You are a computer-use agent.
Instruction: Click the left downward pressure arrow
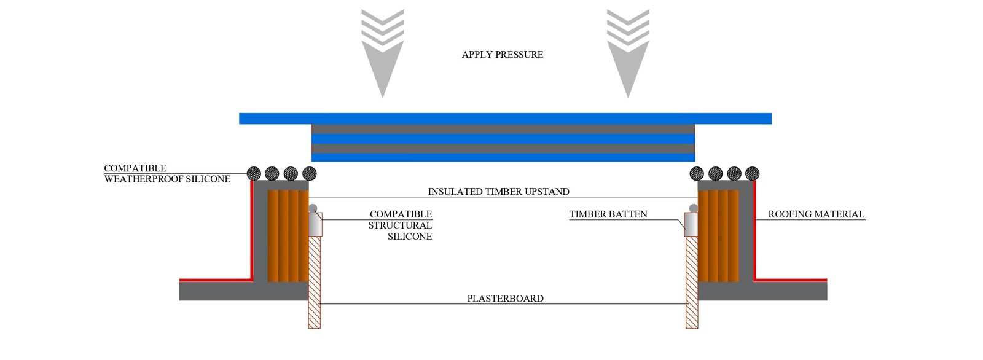click(x=383, y=53)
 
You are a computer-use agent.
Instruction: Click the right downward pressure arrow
click(x=628, y=53)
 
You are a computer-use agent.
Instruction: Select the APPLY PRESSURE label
click(x=503, y=55)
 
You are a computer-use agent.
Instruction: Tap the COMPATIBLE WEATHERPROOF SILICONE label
click(x=167, y=173)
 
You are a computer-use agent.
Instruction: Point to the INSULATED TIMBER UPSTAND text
click(x=498, y=192)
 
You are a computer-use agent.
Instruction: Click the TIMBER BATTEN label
click(x=608, y=214)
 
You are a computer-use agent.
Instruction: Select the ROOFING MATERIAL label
click(x=817, y=214)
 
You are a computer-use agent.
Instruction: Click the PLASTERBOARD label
click(x=505, y=299)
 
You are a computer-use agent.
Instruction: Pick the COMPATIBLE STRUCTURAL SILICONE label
click(x=400, y=225)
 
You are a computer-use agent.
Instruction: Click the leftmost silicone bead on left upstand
click(x=254, y=173)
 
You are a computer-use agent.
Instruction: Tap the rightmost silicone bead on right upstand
click(x=752, y=173)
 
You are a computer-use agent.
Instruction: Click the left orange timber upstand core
click(x=288, y=236)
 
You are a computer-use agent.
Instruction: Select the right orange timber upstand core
click(x=718, y=236)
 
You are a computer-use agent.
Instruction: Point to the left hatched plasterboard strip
click(x=314, y=283)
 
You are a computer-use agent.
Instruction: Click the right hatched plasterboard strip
click(x=692, y=283)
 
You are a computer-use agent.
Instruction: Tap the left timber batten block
click(x=316, y=224)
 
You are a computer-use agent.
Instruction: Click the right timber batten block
click(x=691, y=224)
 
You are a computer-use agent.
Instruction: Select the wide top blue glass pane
click(x=505, y=119)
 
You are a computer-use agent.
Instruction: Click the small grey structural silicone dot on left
click(x=313, y=208)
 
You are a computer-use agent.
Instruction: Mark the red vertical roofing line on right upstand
click(x=754, y=230)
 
